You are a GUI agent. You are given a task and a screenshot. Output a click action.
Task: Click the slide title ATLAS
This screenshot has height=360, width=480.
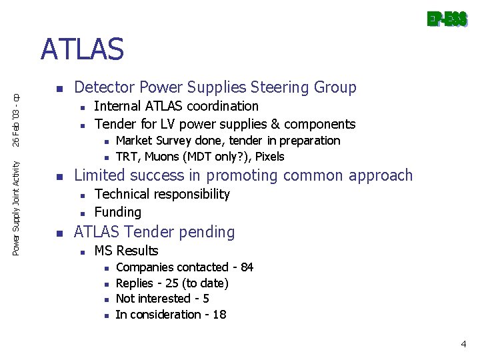pos(82,49)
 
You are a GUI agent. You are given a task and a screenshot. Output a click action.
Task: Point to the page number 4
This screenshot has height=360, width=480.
pos(463,344)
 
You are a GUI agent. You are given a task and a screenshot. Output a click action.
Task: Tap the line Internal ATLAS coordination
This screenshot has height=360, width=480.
pos(177,106)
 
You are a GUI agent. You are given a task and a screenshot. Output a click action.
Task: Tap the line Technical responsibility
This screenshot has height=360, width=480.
pos(162,194)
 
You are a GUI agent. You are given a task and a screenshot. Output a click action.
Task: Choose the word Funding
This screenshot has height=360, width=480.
pos(118,212)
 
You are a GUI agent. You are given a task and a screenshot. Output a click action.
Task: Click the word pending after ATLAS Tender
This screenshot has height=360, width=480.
pos(211,232)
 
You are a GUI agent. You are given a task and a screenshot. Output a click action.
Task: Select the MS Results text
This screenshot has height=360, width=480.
pos(126,251)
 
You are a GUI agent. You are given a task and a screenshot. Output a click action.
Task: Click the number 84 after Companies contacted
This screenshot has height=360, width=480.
pos(247,267)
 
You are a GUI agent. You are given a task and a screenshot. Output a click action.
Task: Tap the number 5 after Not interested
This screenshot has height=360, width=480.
pos(206,299)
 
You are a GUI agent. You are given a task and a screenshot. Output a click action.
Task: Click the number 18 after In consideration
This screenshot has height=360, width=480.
pos(219,315)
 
